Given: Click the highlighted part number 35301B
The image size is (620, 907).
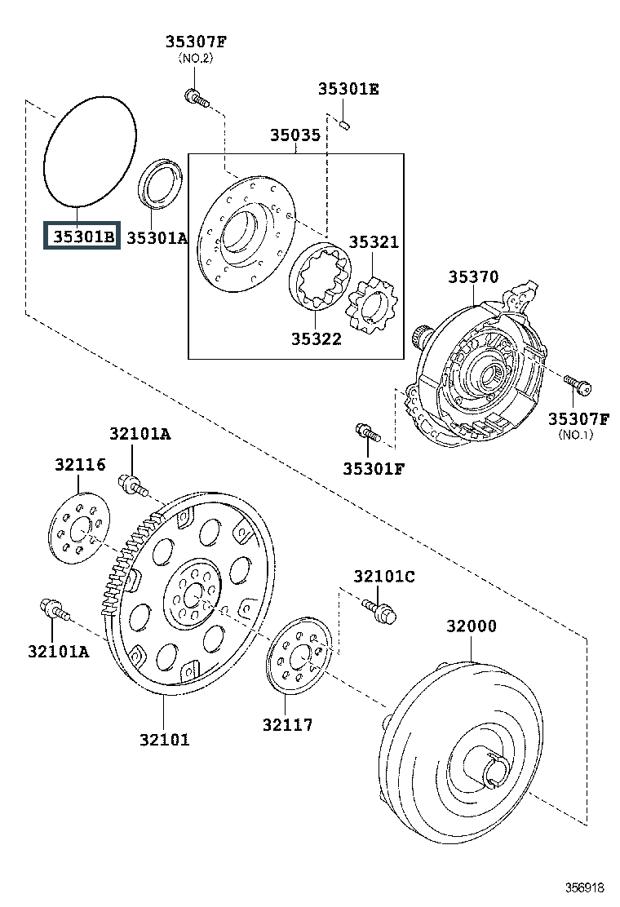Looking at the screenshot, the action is tap(82, 236).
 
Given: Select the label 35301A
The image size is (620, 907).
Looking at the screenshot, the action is tap(157, 237).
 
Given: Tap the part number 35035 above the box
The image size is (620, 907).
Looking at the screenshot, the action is tap(295, 135).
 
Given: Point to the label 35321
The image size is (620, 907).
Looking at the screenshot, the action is tap(374, 241).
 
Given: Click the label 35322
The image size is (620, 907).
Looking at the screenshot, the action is tap(316, 338).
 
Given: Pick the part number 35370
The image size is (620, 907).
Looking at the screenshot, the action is tap(473, 277).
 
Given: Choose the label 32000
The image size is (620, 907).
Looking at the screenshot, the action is tap(472, 626).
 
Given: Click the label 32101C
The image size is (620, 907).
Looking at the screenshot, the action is tap(384, 576).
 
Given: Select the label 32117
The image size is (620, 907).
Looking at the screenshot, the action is tap(287, 724).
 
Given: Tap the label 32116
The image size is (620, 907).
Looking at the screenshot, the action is tap(81, 464).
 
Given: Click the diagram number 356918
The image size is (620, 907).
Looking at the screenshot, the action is tap(584, 887).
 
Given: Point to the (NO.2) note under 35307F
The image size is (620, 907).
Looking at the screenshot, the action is tap(196, 58).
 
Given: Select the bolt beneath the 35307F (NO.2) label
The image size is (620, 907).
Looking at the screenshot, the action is tap(197, 99).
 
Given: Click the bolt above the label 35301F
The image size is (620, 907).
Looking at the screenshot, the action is tap(367, 432).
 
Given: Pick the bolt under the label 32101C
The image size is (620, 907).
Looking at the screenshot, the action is tap(380, 612).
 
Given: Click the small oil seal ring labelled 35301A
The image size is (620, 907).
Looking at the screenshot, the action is tap(160, 183).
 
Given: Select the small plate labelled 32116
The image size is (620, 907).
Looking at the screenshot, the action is tap(78, 528).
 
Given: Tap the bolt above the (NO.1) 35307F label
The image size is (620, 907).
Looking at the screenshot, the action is tap(578, 385).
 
